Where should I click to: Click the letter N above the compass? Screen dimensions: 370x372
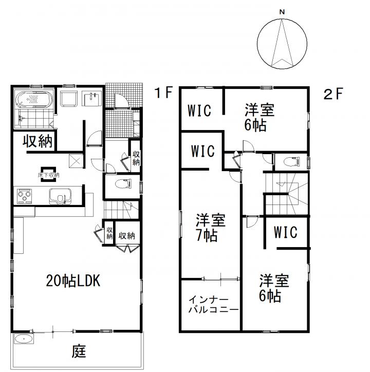coord(282,12)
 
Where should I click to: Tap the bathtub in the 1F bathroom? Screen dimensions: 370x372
coord(34,99)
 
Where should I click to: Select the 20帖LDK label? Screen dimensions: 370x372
coord(73,281)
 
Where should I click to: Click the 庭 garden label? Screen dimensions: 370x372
coord(79,351)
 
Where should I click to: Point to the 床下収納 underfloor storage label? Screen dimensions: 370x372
coord(48,175)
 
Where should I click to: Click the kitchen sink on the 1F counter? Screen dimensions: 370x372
coord(60,196)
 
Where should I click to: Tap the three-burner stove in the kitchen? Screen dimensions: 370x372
coord(25,196)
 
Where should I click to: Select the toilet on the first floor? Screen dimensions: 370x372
coord(123,184)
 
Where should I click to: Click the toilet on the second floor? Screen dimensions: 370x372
coord(292,161)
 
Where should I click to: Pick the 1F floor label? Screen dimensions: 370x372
coord(163,92)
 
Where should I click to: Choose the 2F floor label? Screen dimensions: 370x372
coord(333,94)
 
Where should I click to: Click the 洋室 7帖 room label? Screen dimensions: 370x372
coord(210,228)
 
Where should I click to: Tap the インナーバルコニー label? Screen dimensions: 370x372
coord(213,304)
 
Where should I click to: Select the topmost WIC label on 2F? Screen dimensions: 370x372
coord(199,110)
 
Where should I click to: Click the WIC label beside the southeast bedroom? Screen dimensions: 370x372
coord(286,232)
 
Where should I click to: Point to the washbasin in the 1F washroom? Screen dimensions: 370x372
coord(91,99)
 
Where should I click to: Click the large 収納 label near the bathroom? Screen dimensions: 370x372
coord(38,141)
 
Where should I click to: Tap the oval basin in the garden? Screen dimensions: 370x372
coord(24,339)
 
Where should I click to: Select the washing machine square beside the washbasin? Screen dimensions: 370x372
coord(69,99)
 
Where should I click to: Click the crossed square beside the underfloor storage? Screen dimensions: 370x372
coord(76,161)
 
